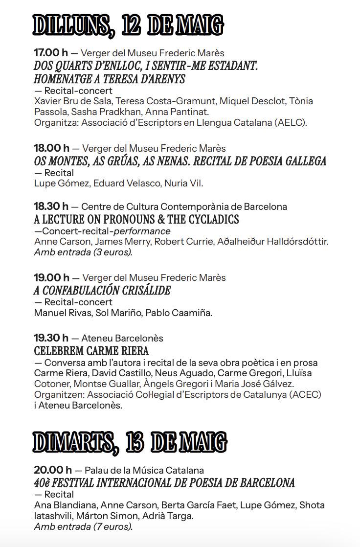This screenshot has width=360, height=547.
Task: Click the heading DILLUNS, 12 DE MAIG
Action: [128, 25]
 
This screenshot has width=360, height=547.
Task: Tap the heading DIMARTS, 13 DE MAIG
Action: [130, 442]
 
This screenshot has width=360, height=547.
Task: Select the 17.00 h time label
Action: [51, 53]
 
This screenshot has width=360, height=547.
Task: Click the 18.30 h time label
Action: [51, 206]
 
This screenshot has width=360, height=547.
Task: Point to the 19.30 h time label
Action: [51, 338]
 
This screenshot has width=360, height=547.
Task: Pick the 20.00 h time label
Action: [52, 470]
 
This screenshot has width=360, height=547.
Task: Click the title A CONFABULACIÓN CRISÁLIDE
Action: [102, 290]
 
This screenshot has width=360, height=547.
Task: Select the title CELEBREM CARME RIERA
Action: [91, 351]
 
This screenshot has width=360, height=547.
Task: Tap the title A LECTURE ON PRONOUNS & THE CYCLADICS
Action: [136, 219]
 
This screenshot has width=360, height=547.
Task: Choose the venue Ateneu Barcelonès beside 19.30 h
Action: [122, 338]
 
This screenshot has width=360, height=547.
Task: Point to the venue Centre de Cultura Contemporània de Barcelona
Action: [184, 206]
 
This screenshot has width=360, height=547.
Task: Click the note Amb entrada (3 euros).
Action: [83, 252]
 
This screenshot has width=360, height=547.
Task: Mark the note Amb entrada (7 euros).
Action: [83, 526]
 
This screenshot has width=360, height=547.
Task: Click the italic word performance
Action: [147, 231]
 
